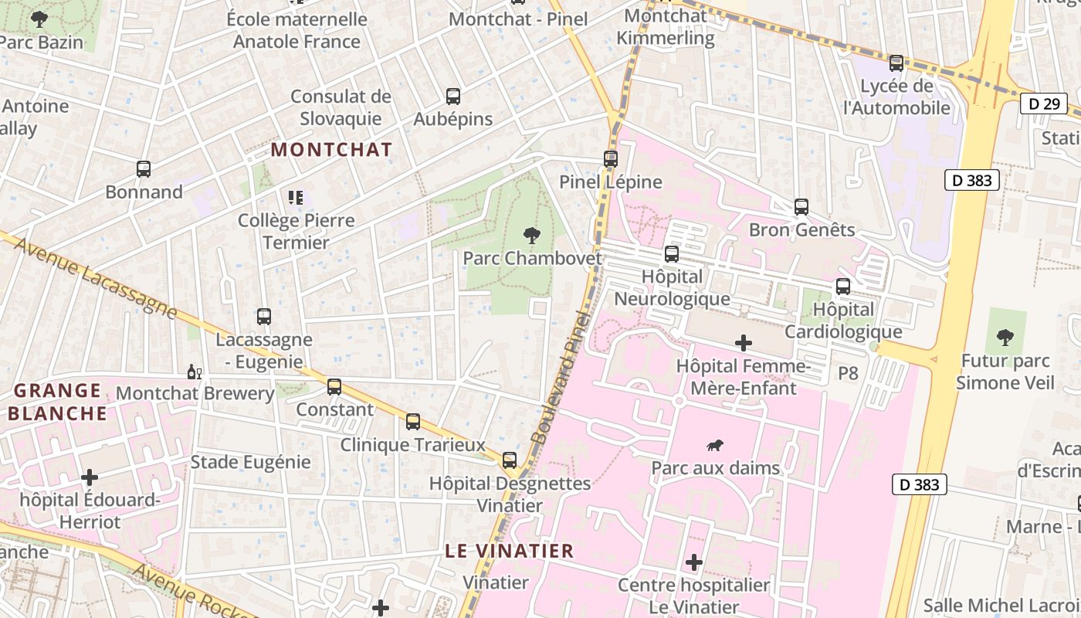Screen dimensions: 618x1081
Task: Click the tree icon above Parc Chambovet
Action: [x=531, y=235]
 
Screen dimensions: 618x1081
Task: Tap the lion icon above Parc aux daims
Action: [x=715, y=445]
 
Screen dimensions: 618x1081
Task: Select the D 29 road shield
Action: [x=1043, y=103]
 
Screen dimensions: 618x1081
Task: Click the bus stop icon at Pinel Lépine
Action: [x=611, y=159]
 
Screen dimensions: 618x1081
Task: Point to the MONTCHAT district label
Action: [x=332, y=149]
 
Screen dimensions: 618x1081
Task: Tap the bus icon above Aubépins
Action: [x=453, y=97]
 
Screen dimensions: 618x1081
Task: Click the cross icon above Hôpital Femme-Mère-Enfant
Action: [x=744, y=342]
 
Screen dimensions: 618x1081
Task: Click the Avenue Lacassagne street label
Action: [x=96, y=278]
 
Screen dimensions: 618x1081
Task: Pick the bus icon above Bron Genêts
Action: [x=801, y=207]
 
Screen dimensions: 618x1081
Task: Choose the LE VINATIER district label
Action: [x=510, y=551]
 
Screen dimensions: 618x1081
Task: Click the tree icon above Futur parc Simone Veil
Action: [x=1005, y=337]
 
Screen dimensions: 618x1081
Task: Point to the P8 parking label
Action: [x=848, y=373]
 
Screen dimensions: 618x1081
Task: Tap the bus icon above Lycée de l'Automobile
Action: [x=896, y=63]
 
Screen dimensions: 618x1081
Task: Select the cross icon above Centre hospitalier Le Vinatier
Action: [x=694, y=562]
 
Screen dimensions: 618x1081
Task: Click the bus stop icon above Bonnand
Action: [x=144, y=169]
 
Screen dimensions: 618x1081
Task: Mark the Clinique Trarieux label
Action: [x=413, y=445]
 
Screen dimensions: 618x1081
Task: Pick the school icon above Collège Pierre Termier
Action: [x=296, y=198]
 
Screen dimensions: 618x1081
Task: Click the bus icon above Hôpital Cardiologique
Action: [x=843, y=287]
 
